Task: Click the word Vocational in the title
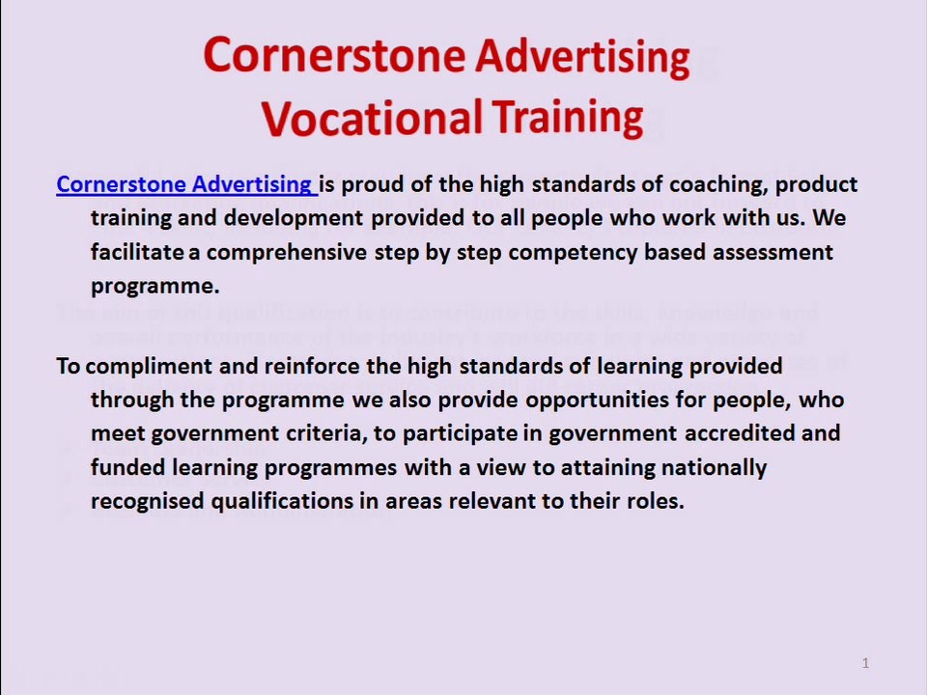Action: point(372,118)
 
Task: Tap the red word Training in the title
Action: point(568,117)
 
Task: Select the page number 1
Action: point(865,663)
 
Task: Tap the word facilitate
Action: point(136,252)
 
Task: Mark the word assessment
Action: point(772,252)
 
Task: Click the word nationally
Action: point(714,467)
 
